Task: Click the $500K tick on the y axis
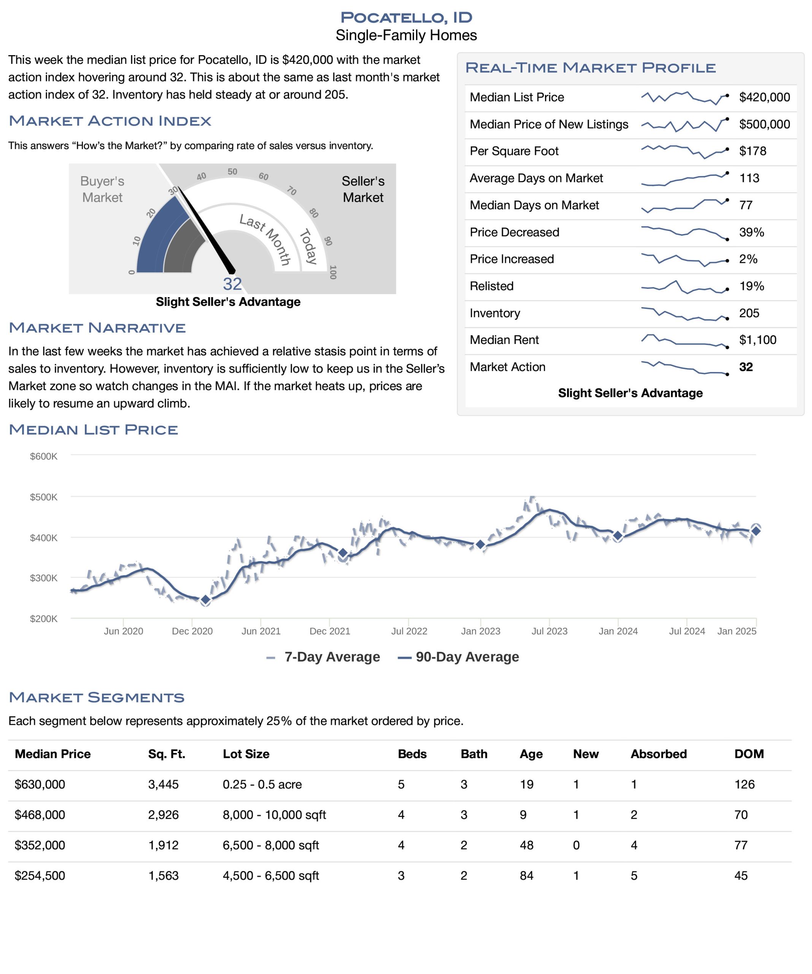tap(44, 497)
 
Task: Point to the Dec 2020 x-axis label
tap(192, 631)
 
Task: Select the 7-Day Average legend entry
tap(323, 657)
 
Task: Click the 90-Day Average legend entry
tap(458, 657)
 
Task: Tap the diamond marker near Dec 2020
tap(205, 600)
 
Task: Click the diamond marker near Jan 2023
tap(480, 544)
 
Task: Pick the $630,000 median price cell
tap(40, 784)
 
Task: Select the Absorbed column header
tap(658, 754)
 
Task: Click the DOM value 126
tap(744, 784)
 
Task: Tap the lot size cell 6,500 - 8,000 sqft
tap(271, 845)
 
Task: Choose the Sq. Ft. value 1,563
tap(163, 876)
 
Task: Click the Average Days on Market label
tap(536, 178)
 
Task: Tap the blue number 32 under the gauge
tap(232, 284)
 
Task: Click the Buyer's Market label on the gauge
tap(102, 189)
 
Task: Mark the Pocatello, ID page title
tap(406, 18)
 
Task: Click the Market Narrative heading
tap(97, 328)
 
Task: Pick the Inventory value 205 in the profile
tap(749, 313)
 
